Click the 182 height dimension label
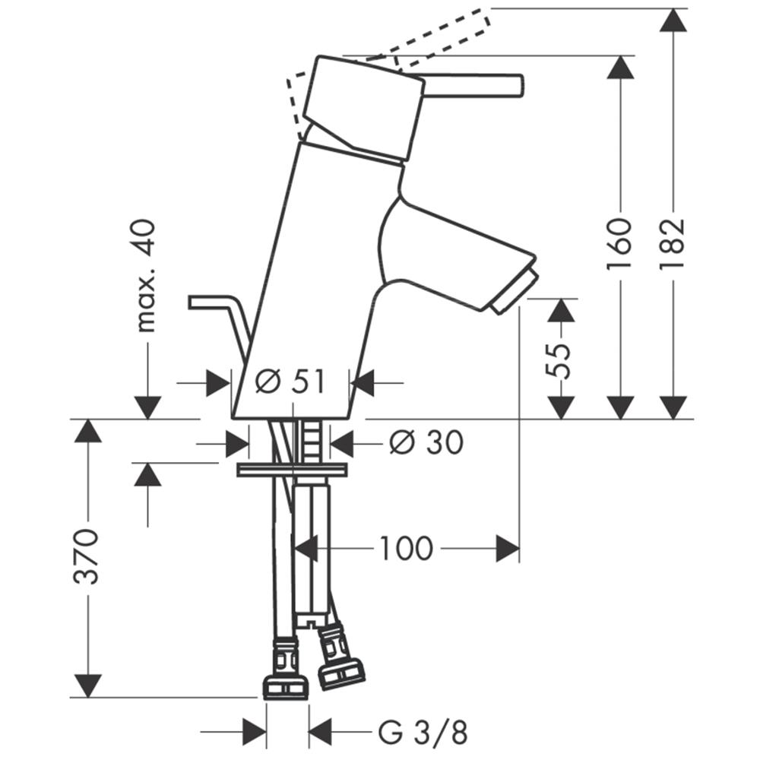(x=673, y=244)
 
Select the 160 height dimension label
(x=620, y=243)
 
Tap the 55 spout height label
(x=560, y=360)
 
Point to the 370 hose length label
(x=87, y=557)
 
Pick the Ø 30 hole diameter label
(x=426, y=442)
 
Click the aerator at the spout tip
(x=513, y=293)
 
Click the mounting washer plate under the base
(x=293, y=470)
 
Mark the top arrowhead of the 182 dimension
(x=673, y=21)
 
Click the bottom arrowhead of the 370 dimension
(x=87, y=686)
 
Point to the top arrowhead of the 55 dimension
(x=561, y=310)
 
